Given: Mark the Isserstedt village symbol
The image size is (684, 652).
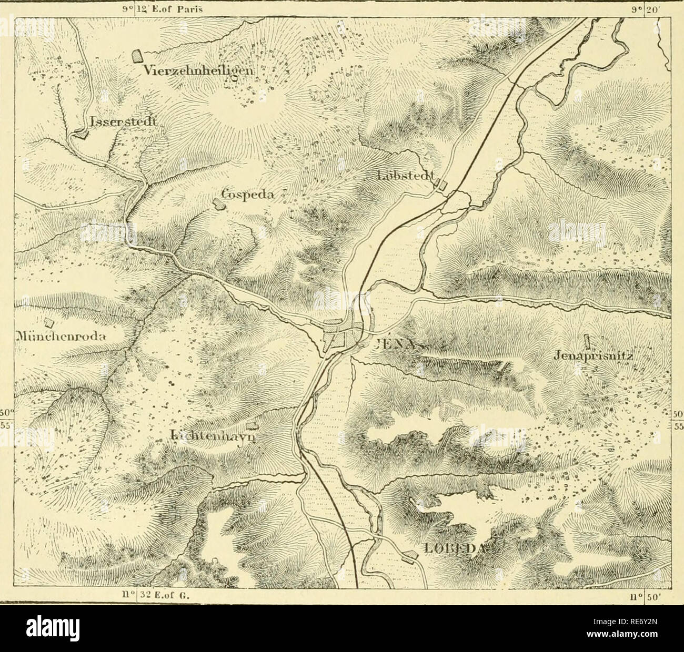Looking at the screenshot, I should (81, 135).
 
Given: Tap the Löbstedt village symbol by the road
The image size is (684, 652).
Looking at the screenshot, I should (443, 185).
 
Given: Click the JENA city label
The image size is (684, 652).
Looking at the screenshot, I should (400, 346).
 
